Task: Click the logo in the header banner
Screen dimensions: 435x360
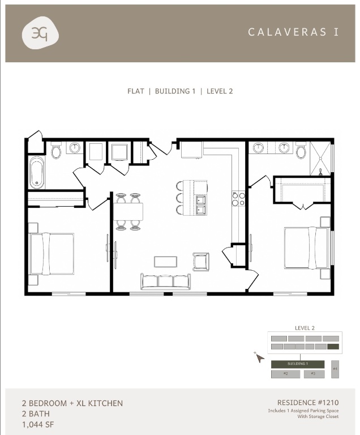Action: click(x=40, y=33)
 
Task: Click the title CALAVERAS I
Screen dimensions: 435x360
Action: click(x=293, y=32)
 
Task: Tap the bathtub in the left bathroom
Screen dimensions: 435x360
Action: click(x=36, y=172)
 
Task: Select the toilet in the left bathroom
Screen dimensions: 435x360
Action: click(x=56, y=151)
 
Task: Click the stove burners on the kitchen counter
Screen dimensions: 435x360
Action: click(x=238, y=198)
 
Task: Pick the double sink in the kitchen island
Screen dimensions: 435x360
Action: click(x=200, y=204)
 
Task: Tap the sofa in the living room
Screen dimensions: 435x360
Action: click(x=166, y=281)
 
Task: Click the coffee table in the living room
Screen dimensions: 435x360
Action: click(x=165, y=261)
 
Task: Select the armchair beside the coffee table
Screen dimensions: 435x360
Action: click(x=201, y=261)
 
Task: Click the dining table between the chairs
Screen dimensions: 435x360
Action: click(x=128, y=211)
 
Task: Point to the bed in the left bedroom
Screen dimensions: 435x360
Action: click(x=51, y=253)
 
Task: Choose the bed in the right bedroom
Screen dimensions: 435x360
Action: click(x=307, y=248)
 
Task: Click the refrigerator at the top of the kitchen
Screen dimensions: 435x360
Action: click(x=192, y=150)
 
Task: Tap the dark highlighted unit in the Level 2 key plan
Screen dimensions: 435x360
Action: click(x=333, y=347)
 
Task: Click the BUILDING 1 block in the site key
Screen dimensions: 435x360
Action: click(x=297, y=364)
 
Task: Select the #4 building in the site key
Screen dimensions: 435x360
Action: click(x=335, y=369)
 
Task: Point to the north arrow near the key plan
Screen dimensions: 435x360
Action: click(x=260, y=357)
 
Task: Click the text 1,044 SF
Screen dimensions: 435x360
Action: click(x=38, y=424)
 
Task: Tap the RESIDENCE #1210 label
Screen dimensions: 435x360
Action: click(x=307, y=403)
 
